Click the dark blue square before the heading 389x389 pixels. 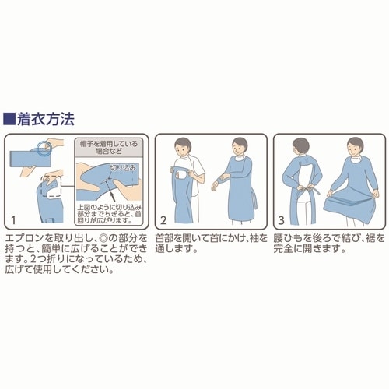click(x=9, y=120)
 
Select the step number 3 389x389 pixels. click(x=282, y=219)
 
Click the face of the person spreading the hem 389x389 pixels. click(x=355, y=149)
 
